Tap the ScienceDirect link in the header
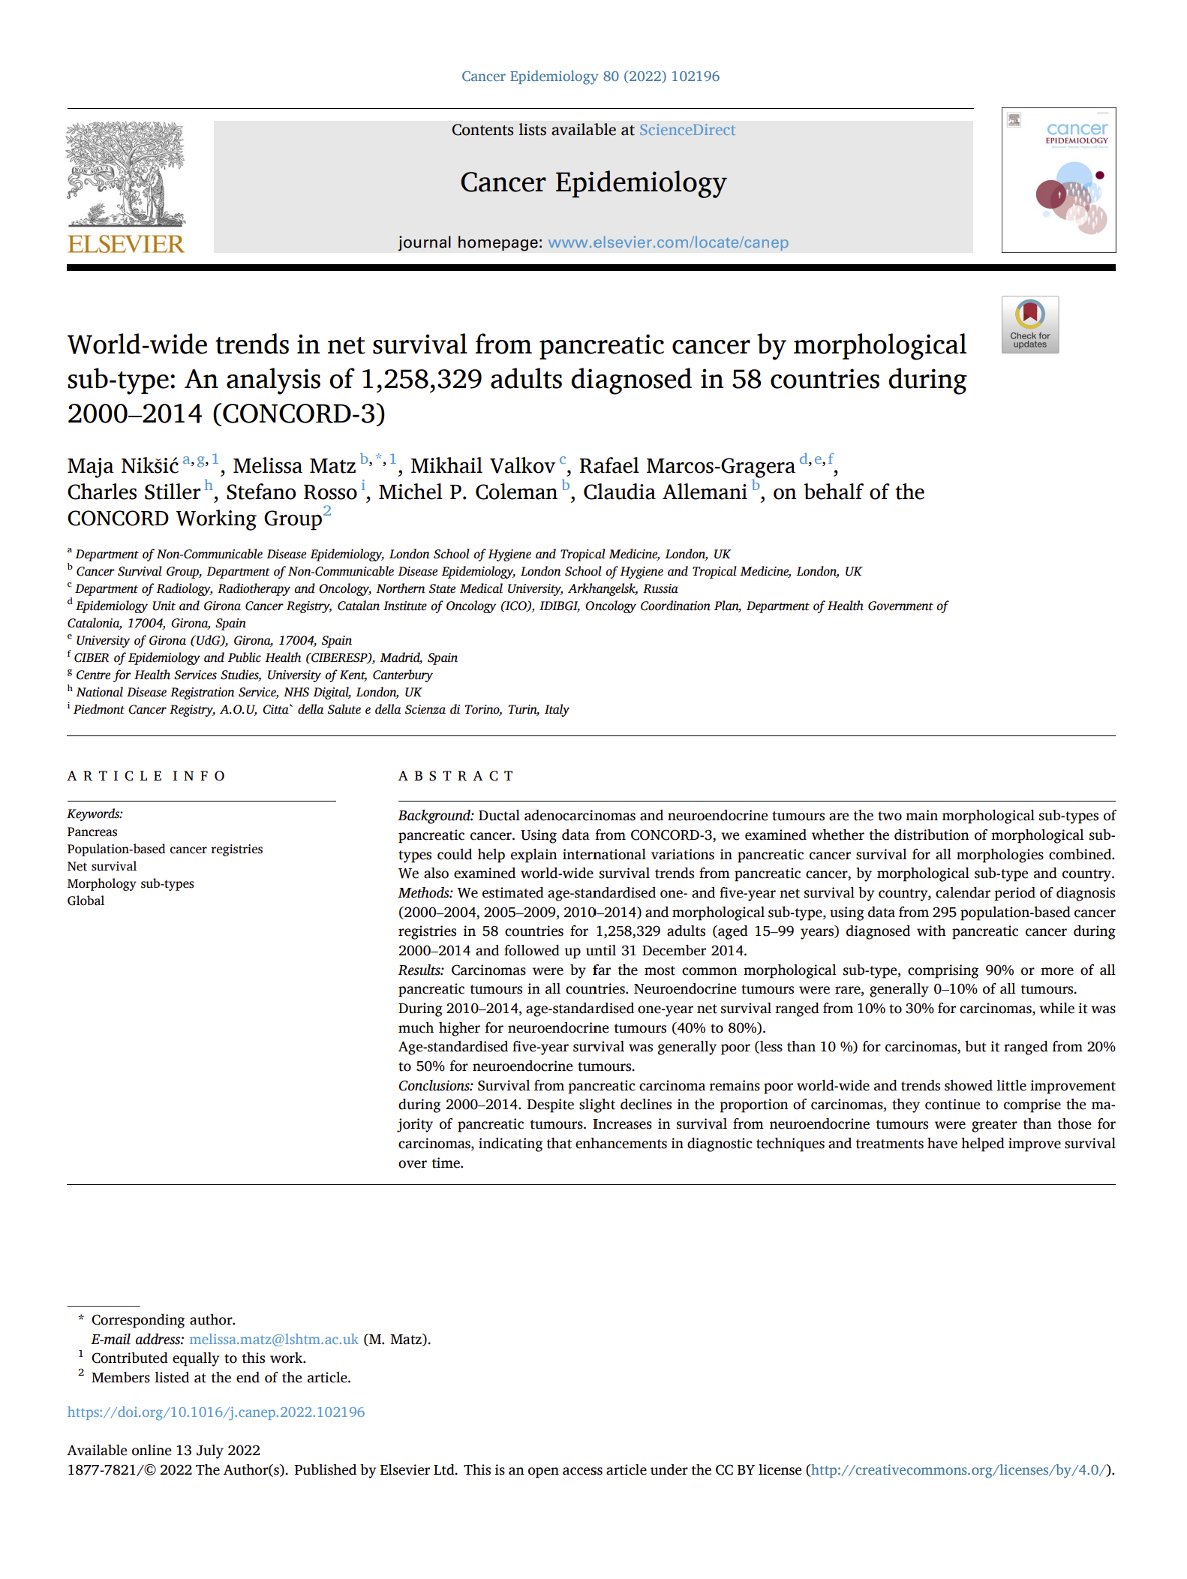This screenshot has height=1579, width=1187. coord(687,130)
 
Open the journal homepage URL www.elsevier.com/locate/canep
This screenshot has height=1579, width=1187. coord(668,242)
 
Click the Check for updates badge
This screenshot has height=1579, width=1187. coord(1029,324)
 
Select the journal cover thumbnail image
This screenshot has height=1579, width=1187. coord(1058,180)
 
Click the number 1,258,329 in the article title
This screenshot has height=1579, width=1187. coord(421,380)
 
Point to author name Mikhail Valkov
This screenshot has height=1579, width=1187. coord(482,466)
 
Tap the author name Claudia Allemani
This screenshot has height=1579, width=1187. coord(665,492)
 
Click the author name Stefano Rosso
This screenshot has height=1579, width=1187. coord(291,492)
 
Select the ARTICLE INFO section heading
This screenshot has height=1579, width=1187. coord(146,776)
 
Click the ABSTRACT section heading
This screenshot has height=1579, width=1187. coord(455,776)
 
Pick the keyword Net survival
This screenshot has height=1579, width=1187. coord(102,866)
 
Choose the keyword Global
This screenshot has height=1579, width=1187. coord(86,901)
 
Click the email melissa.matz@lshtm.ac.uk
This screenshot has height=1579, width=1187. coord(273,1339)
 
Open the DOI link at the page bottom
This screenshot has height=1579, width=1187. coord(216,1412)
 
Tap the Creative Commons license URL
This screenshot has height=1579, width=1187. coord(958,1469)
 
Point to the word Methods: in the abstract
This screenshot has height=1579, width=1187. coord(425,892)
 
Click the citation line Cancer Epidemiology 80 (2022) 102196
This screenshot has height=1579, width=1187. coord(590,77)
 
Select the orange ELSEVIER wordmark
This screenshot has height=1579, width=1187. coord(125,244)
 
